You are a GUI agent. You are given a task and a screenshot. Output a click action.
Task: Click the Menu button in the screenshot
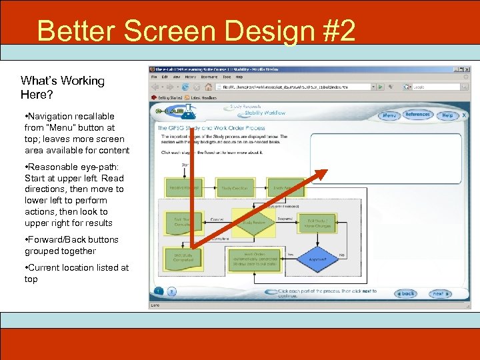[x=389, y=115]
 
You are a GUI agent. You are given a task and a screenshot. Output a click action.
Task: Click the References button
[x=418, y=115]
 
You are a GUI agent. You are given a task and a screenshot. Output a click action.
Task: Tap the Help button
[x=447, y=115]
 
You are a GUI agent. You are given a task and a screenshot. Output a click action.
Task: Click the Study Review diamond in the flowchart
[x=253, y=223]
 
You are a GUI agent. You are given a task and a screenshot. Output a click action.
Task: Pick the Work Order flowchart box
[x=254, y=259]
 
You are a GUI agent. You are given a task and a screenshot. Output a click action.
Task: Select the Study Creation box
[x=234, y=189]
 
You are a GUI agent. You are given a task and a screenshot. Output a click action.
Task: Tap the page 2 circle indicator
[x=171, y=291]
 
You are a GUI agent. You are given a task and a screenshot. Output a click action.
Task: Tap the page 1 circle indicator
[x=159, y=291]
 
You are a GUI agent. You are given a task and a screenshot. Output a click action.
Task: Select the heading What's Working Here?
[x=63, y=87]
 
